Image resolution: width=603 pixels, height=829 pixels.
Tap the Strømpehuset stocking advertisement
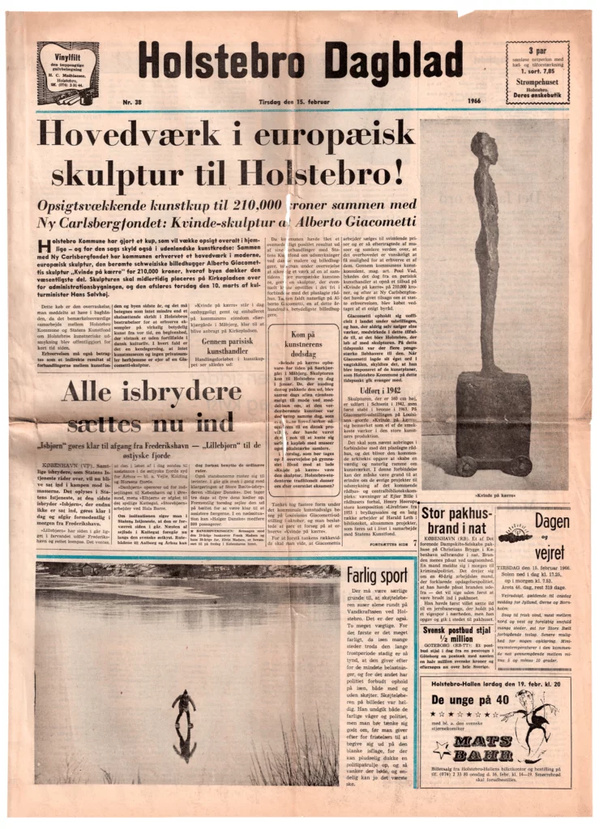[537, 73]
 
